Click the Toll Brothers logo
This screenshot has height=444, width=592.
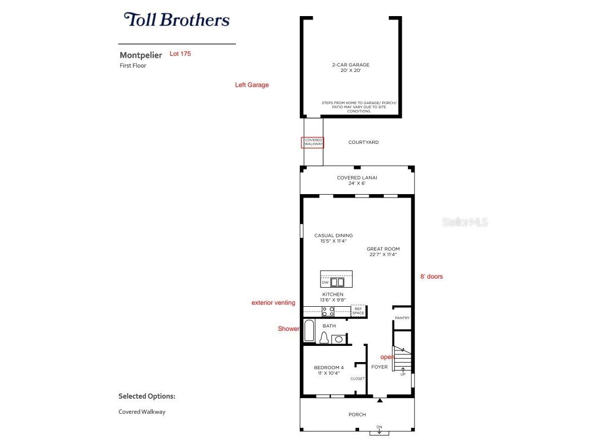pyautogui.click(x=177, y=20)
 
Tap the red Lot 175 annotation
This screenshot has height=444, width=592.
pyautogui.click(x=180, y=53)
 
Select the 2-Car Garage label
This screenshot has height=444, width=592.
pyautogui.click(x=350, y=67)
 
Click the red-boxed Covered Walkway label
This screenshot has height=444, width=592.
pyautogui.click(x=312, y=142)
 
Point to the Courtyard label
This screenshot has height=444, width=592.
pyautogui.click(x=363, y=142)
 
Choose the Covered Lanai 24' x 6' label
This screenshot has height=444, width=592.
pyautogui.click(x=357, y=180)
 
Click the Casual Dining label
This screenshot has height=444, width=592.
pyautogui.click(x=333, y=238)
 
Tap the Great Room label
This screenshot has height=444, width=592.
pyautogui.click(x=383, y=251)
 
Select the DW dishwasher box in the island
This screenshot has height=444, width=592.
pyautogui.click(x=325, y=283)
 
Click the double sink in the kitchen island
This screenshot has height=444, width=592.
pyautogui.click(x=337, y=283)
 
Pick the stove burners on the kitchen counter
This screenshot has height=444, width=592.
pyautogui.click(x=328, y=311)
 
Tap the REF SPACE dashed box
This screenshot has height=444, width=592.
pyautogui.click(x=358, y=311)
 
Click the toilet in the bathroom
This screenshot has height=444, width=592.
pyautogui.click(x=324, y=338)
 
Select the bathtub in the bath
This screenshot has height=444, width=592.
pyautogui.click(x=309, y=332)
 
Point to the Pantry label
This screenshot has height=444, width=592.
pyautogui.click(x=402, y=318)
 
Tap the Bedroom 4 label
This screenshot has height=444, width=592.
pyautogui.click(x=328, y=370)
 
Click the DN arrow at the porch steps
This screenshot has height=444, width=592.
pyautogui.click(x=379, y=429)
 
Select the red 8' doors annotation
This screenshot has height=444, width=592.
pyautogui.click(x=432, y=277)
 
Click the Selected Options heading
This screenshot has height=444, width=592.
pyautogui.click(x=147, y=396)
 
